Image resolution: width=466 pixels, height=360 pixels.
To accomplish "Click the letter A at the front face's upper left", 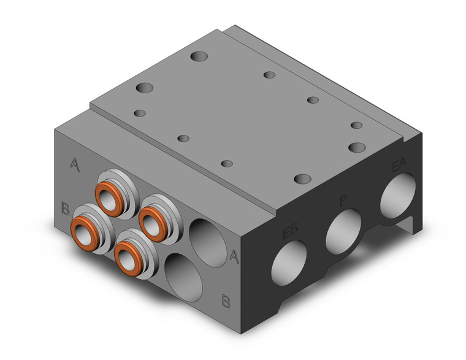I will [x=75, y=164].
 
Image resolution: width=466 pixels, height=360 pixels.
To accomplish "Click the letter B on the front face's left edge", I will [x=65, y=208].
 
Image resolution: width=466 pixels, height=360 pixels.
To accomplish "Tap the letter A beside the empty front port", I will [x=234, y=256].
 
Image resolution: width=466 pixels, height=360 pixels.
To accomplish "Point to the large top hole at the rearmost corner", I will [x=199, y=58].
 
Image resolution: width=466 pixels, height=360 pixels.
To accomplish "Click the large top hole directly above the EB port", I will [x=302, y=179].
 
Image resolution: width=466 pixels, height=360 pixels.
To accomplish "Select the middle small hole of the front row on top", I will [x=183, y=138].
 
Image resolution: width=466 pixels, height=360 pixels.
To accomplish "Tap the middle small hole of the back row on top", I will [x=313, y=100].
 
